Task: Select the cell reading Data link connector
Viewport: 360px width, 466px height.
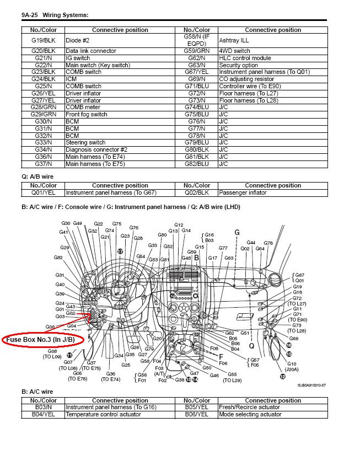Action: (91, 51)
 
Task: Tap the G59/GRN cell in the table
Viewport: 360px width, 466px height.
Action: (197, 51)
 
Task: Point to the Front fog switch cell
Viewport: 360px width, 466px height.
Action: (87, 114)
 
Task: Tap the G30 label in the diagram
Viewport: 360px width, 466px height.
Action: (66, 223)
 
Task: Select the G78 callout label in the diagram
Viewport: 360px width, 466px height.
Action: (268, 243)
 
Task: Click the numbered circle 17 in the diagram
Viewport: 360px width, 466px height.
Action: (120, 251)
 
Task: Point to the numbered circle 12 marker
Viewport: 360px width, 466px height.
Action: (283, 377)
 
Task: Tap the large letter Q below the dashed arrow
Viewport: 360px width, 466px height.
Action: (252, 346)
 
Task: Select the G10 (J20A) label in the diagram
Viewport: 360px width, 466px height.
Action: (291, 367)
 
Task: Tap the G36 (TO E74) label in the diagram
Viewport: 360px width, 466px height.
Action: (110, 377)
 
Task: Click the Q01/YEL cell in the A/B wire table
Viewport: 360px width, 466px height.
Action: (44, 193)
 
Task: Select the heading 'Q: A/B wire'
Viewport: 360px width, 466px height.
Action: (37, 176)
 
